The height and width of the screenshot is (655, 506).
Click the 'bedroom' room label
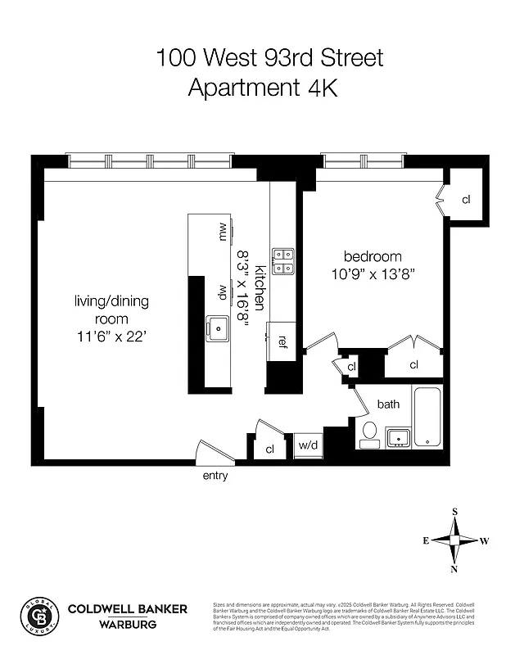pos(373,255)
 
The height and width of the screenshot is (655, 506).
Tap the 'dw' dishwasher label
pos(222,292)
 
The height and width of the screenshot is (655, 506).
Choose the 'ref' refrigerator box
pos(282,341)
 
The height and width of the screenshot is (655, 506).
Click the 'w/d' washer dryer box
pos(308,446)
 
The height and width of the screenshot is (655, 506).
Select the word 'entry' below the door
pos(215,476)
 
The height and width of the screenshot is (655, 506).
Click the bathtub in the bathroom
pos(427,416)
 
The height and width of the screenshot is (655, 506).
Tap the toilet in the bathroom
pos(368,433)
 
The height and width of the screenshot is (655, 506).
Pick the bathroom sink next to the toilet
pos(398,436)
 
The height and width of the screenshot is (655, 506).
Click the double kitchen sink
pos(283,261)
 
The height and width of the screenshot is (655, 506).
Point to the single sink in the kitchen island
pos(219,329)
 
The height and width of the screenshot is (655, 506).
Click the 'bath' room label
pos(388,404)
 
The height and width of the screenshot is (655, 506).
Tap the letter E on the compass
pos(426,540)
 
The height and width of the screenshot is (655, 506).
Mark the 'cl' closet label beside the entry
pos(269,449)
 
